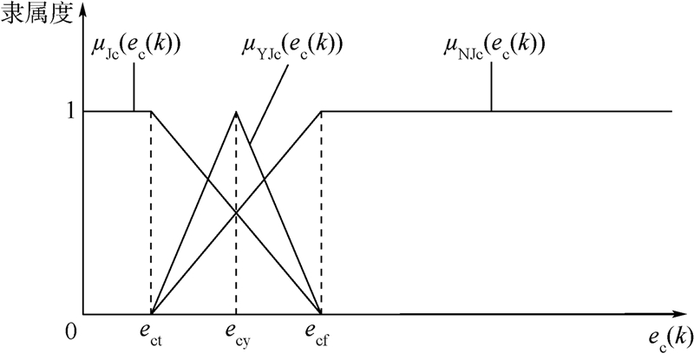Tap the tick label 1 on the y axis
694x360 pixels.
pyautogui.click(x=73, y=112)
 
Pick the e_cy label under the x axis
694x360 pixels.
pyautogui.click(x=236, y=334)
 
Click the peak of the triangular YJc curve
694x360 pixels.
pyautogui.click(x=236, y=111)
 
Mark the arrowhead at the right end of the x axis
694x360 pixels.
pyautogui.click(x=685, y=314)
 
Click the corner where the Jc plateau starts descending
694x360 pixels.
pyautogui.click(x=152, y=111)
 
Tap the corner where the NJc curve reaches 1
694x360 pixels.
pyautogui.click(x=321, y=111)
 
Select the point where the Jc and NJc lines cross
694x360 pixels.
pyautogui.click(x=236, y=213)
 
